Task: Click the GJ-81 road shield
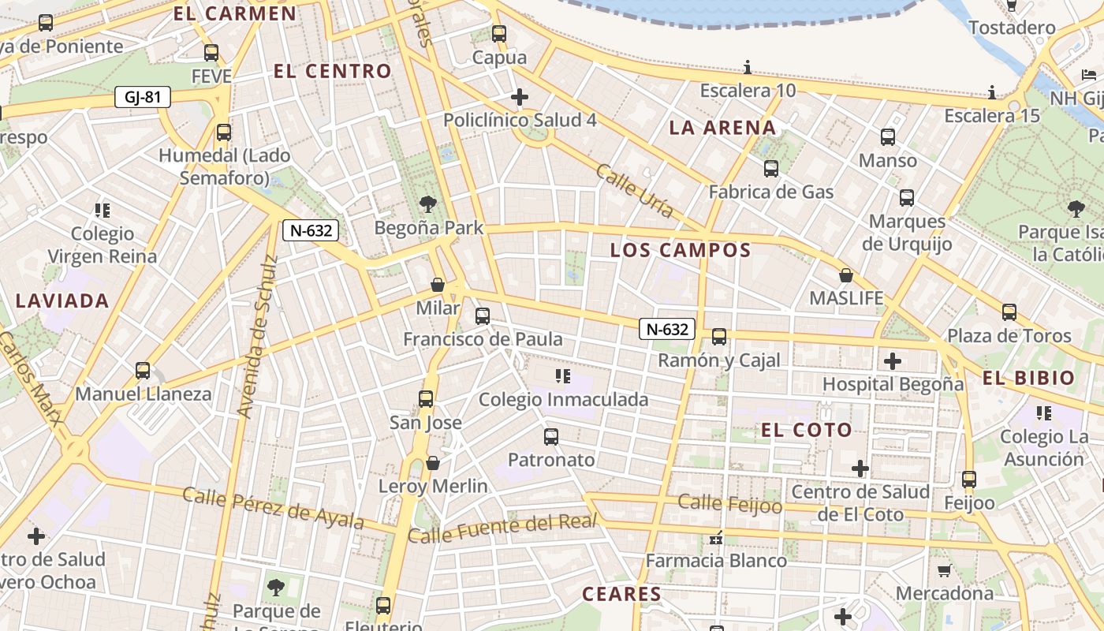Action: coord(143,97)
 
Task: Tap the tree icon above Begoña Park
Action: coord(428,204)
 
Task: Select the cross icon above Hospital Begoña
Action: coord(892,361)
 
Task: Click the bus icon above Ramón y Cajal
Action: coord(718,337)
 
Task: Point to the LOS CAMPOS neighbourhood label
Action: coord(681,251)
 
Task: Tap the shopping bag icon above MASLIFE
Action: coord(846,275)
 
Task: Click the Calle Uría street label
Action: coord(634,190)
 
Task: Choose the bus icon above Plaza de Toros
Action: coord(1009,312)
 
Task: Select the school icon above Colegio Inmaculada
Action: coord(562,376)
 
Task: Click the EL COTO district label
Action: coord(807,430)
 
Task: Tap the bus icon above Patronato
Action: coord(550,436)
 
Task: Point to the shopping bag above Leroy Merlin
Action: coord(432,463)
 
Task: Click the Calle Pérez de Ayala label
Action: coord(273,507)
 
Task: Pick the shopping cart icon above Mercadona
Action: coord(944,569)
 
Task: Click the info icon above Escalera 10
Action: coord(748,67)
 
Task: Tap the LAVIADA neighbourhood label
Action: coord(62,301)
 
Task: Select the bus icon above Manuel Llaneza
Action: coord(143,370)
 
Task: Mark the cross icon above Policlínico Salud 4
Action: coord(519,97)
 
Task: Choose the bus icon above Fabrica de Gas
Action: coord(770,168)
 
